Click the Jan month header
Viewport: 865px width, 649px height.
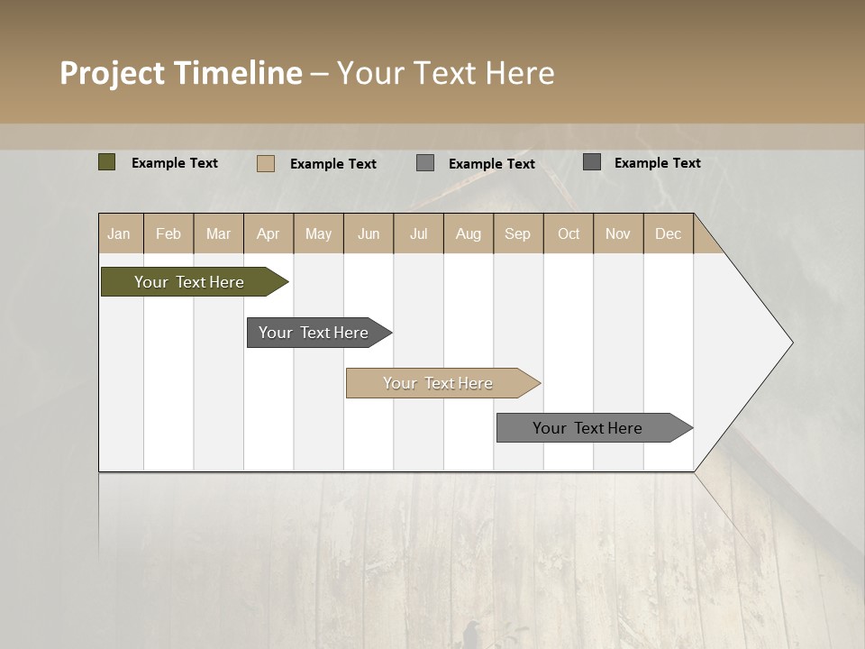(x=120, y=233)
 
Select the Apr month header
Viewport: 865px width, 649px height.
(x=269, y=233)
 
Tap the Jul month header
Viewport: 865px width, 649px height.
(x=418, y=233)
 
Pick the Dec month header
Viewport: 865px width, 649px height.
(x=668, y=233)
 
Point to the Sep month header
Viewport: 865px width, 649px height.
(x=517, y=233)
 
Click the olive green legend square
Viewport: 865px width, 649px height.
(x=106, y=162)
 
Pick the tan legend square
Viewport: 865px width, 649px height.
(x=265, y=163)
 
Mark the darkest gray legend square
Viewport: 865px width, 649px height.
(x=592, y=162)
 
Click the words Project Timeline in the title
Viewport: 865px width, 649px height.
(x=180, y=73)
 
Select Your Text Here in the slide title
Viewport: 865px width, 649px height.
(x=446, y=73)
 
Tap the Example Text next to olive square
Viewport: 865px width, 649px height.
(x=175, y=163)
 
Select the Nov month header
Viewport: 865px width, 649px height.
(x=618, y=233)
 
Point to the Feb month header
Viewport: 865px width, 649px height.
(x=168, y=233)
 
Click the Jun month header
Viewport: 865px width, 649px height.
(x=369, y=233)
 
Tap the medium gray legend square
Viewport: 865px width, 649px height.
(x=425, y=163)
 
